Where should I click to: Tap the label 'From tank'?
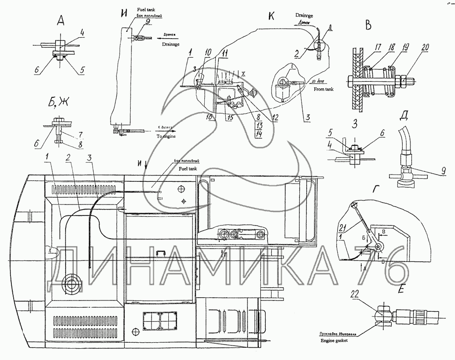324,90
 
